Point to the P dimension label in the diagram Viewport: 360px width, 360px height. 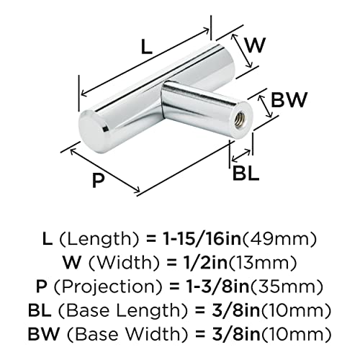[99, 179]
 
